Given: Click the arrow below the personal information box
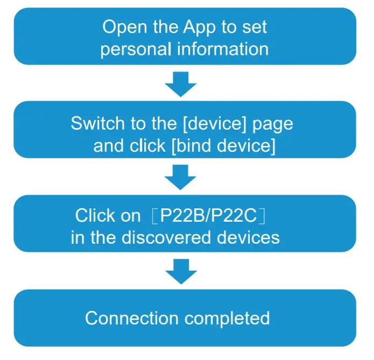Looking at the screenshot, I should [181, 83].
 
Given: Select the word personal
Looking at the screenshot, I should [135, 50].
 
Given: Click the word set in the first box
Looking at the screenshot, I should [255, 27].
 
